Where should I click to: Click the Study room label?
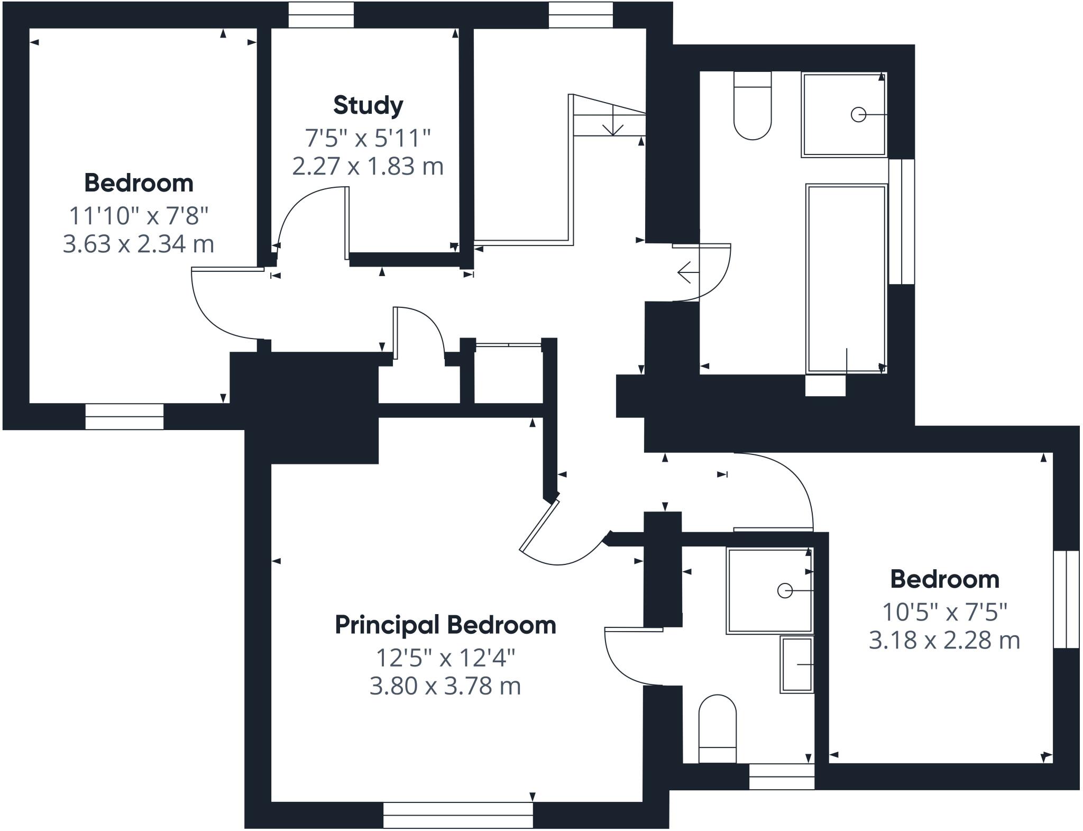368,105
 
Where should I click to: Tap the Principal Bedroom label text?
445,625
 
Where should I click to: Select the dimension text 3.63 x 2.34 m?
139,244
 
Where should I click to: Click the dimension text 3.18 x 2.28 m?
944,641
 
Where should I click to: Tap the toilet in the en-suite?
717,730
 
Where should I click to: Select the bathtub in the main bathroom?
846,279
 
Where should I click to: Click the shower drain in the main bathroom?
858,114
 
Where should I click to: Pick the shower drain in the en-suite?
785,590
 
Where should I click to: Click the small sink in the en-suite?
797,665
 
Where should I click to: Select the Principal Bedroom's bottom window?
458,815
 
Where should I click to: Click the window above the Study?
321,15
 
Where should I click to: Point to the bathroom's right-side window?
901,222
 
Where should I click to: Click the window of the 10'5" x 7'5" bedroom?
1066,599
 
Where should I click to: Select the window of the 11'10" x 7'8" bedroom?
124,416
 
